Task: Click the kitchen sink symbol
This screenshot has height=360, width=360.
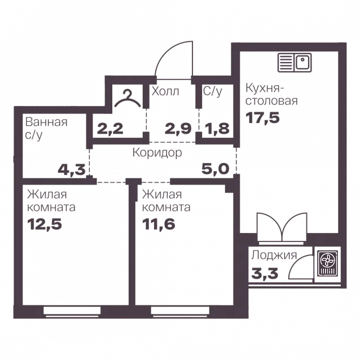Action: point(295,63)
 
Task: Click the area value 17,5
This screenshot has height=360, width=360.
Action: point(262,118)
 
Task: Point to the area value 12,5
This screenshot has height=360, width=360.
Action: point(45,224)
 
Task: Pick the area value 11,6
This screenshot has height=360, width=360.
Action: point(159,224)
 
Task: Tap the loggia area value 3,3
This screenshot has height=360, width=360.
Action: point(265,274)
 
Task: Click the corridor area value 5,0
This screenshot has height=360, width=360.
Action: point(216,169)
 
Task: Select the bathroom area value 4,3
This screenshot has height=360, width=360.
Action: point(72,170)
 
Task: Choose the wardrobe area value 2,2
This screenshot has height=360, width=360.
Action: point(110,129)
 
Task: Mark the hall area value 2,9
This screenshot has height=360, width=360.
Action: point(178,129)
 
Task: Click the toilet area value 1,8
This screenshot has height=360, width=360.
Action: point(216,129)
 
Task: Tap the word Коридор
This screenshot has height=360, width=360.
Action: point(157,153)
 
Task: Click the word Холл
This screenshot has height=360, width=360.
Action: point(165,91)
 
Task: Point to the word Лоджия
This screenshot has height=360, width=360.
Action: point(274,255)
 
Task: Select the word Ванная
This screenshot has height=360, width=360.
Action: point(46,122)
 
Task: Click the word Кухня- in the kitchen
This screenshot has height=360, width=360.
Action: point(264,88)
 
